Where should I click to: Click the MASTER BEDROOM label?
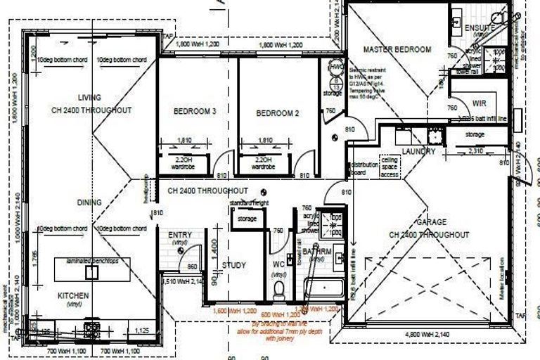[397, 49]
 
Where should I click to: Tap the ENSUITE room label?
[481, 27]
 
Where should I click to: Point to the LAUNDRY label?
[419, 151]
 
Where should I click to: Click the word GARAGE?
[427, 222]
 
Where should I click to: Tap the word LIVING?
[90, 97]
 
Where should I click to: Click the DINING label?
[89, 202]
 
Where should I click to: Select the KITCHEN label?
[73, 296]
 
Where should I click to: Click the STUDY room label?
[233, 265]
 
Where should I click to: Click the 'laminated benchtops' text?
[86, 259]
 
